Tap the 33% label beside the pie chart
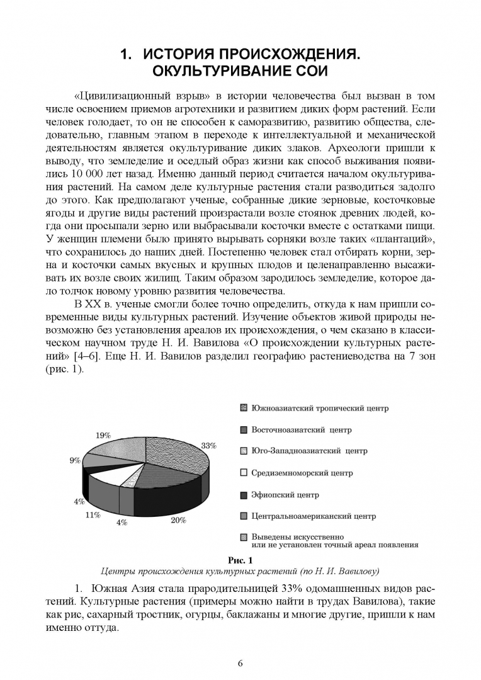pyautogui.click(x=208, y=445)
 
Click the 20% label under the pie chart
pyautogui.click(x=178, y=520)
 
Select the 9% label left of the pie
pyautogui.click(x=75, y=460)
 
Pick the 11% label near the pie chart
pyautogui.click(x=93, y=514)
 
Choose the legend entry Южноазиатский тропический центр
pyautogui.click(x=319, y=408)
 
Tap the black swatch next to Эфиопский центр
pyautogui.click(x=244, y=495)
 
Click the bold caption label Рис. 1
pyautogui.click(x=240, y=560)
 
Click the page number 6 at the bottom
pyautogui.click(x=240, y=662)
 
